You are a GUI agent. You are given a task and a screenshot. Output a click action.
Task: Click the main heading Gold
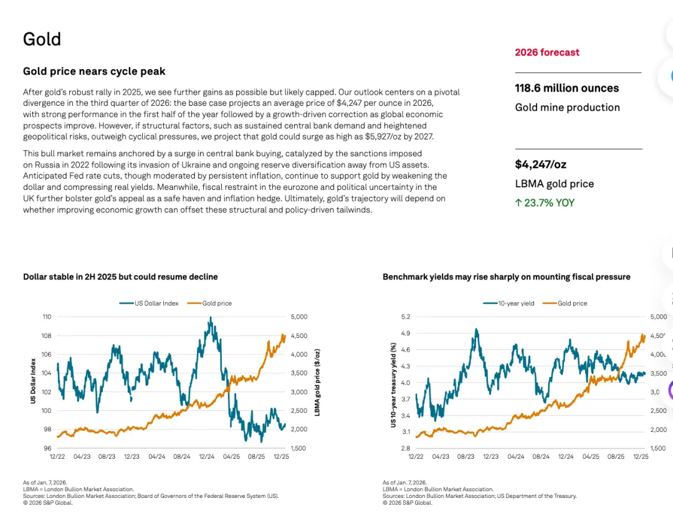pos(42,39)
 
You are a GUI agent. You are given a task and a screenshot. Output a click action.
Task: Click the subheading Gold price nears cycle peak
pos(94,72)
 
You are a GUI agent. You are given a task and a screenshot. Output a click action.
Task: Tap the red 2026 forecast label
pos(547,52)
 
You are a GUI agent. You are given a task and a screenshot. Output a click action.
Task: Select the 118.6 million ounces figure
pos(566,88)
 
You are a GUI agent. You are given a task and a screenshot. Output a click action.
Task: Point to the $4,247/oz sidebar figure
pos(540,164)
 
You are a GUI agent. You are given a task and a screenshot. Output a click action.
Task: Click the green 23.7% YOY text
pos(545,202)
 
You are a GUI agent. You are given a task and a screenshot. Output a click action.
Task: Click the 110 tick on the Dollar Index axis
pos(46,317)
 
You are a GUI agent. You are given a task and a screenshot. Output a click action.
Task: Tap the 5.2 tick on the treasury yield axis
pos(405,317)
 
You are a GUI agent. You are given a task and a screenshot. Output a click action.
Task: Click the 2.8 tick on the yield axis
pos(405,448)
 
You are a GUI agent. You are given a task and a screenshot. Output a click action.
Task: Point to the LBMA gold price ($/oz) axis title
pos(317,383)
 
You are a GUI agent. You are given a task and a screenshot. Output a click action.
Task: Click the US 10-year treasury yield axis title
pos(393,384)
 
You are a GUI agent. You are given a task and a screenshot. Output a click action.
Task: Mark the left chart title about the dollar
pos(120,276)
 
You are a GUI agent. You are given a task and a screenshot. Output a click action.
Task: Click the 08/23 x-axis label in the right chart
pos(465,457)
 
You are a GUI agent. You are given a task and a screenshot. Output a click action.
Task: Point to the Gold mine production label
pos(567,108)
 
